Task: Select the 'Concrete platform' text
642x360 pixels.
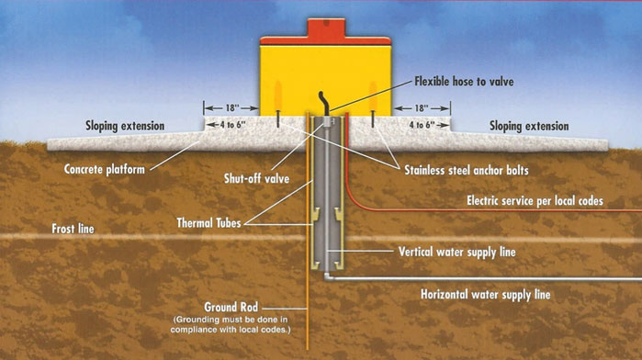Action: [107, 170]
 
